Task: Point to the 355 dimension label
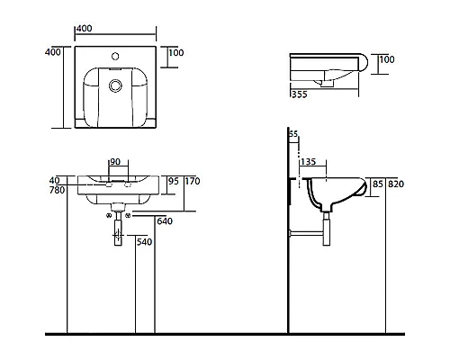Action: coord(300,94)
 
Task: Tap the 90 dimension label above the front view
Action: coord(115,162)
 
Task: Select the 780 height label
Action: coord(58,190)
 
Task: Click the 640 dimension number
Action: coord(165,221)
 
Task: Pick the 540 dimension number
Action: coord(144,242)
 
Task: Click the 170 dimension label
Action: coord(193,181)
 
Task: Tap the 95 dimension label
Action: coord(174,181)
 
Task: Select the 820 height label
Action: coord(396,184)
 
